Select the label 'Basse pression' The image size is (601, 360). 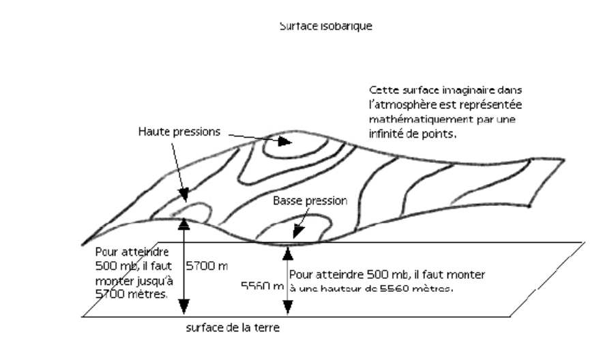[x=310, y=201]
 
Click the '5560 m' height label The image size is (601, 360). [x=263, y=287]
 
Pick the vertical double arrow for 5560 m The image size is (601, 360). [x=287, y=280]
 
